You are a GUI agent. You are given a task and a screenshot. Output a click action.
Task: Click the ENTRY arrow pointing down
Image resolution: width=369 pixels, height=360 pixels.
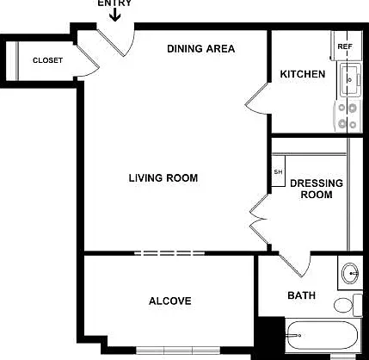pos(115,15)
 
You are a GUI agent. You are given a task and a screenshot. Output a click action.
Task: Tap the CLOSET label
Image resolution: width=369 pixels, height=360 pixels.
pos(47,60)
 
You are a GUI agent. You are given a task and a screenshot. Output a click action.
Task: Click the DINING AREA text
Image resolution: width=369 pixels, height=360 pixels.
pos(201,48)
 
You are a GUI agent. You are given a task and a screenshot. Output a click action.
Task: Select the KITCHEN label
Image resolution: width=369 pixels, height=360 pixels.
pos(303,74)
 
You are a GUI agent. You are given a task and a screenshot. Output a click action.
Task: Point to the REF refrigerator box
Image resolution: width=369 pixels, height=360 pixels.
pos(347,46)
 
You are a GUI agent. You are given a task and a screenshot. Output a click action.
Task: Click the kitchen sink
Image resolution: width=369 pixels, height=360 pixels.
pos(350,80)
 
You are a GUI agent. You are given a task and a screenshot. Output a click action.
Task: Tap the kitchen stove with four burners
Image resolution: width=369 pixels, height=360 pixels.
pos(347,116)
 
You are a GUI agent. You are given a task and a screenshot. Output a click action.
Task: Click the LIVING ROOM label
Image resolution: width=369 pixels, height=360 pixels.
pos(163,178)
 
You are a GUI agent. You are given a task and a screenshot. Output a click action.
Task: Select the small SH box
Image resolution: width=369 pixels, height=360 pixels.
pos(278,171)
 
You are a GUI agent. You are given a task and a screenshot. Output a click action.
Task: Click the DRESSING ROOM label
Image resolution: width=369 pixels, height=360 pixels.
pos(317,189)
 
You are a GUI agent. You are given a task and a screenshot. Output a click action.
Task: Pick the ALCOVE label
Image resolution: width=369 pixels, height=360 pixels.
pos(170,301)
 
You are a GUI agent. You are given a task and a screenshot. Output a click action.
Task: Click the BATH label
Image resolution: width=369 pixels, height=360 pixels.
pos(301,295)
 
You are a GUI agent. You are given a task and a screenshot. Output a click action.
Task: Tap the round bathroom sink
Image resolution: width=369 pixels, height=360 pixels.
pos(350,273)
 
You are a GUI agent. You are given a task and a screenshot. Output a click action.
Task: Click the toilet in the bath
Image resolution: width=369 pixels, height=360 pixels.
pos(348,305)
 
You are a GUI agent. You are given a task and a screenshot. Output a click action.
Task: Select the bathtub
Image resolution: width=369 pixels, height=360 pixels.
pos(323,336)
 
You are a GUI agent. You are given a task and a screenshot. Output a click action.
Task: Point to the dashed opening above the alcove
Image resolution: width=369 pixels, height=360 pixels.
pos(169,253)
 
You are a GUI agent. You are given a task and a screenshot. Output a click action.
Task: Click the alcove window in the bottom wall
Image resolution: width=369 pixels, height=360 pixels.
pos(178,351)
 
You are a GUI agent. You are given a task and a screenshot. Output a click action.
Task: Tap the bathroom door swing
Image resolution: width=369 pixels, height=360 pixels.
pos(295,264)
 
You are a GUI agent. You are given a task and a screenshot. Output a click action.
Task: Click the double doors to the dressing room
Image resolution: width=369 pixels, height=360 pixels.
pos(259,220)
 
